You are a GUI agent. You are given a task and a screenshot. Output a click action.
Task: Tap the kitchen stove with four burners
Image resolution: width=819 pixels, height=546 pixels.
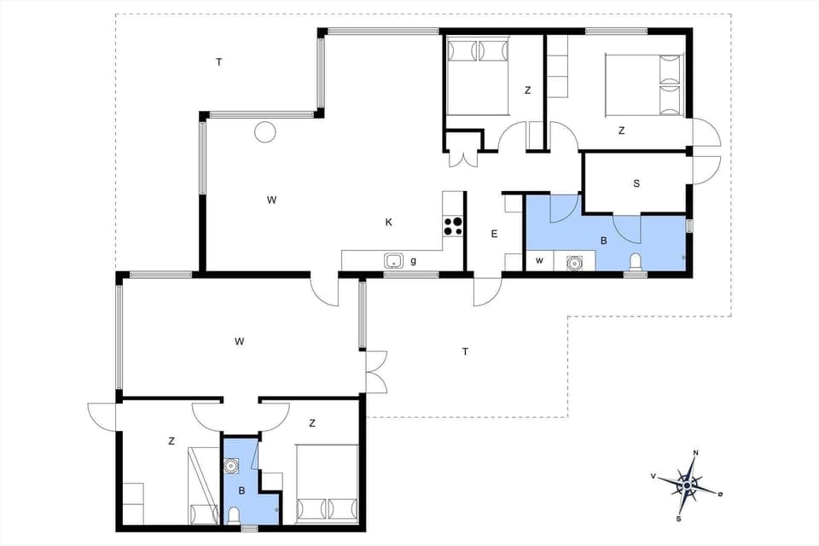pyautogui.click(x=453, y=226)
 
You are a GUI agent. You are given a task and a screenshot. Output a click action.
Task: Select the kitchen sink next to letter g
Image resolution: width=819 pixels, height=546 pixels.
pyautogui.click(x=393, y=261)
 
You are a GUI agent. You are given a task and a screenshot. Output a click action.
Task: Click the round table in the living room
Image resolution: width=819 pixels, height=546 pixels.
pyautogui.click(x=265, y=132)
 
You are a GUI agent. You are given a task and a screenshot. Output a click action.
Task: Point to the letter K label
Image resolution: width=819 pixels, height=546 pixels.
pyautogui.click(x=388, y=223)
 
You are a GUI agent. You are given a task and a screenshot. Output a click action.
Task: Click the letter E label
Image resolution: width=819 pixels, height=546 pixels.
pyautogui.click(x=494, y=234)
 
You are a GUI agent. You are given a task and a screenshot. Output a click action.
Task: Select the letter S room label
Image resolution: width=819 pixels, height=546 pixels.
pyautogui.click(x=636, y=183)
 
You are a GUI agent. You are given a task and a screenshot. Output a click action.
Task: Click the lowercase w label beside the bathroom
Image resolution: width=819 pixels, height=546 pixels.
pyautogui.click(x=539, y=260)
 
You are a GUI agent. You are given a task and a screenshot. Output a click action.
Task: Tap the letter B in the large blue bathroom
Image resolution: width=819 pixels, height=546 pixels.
pyautogui.click(x=604, y=241)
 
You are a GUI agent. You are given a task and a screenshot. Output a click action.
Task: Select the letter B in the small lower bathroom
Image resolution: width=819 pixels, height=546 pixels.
pyautogui.click(x=242, y=491)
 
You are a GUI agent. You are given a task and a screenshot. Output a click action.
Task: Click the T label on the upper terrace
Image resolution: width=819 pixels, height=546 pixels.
pyautogui.click(x=219, y=61)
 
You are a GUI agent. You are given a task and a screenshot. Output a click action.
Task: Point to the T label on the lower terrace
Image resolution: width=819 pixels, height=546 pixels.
pyautogui.click(x=465, y=351)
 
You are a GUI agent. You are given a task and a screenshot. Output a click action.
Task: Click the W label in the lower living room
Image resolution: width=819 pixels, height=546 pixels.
pyautogui.click(x=240, y=341)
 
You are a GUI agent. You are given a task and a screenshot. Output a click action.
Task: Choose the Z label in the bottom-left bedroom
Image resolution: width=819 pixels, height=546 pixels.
pyautogui.click(x=171, y=441)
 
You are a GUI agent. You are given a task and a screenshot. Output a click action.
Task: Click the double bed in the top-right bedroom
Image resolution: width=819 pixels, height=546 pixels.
pyautogui.click(x=644, y=84)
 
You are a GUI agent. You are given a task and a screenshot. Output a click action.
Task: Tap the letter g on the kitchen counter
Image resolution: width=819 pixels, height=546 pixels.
pyautogui.click(x=414, y=261)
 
